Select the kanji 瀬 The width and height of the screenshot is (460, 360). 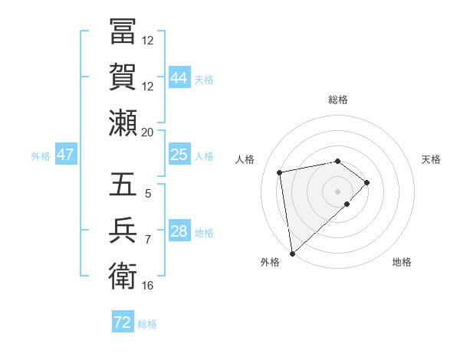click(x=123, y=122)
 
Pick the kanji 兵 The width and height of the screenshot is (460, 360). click(x=123, y=231)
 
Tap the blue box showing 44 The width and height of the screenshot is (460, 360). click(x=179, y=78)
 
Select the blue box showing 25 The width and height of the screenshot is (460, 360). click(x=179, y=155)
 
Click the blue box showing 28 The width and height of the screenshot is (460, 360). click(x=179, y=231)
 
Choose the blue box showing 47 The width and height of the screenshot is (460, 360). click(x=66, y=155)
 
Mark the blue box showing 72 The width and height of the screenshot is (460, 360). click(x=123, y=322)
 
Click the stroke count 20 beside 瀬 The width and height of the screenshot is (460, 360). click(x=148, y=132)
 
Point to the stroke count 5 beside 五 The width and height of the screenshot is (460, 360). click(x=148, y=194)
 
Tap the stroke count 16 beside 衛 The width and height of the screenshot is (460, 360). click(x=148, y=285)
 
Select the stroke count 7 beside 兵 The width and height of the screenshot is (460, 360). click(x=148, y=240)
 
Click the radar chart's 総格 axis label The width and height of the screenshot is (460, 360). click(x=338, y=100)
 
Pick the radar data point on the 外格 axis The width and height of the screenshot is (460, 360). click(x=292, y=253)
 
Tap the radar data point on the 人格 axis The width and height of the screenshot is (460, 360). click(x=280, y=172)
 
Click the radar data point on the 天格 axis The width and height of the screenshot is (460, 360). click(x=367, y=182)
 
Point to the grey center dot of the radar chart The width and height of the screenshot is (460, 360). click(x=338, y=191)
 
